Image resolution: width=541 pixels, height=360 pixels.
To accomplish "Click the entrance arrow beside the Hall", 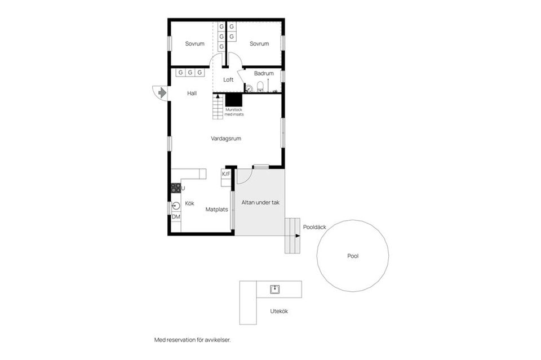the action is (162, 93).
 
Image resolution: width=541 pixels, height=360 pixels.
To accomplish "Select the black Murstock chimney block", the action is (234, 100).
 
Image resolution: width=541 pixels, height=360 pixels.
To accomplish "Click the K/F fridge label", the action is (226, 174).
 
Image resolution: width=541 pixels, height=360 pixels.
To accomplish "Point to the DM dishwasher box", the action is (176, 217).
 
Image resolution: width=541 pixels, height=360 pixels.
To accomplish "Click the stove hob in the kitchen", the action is (176, 188).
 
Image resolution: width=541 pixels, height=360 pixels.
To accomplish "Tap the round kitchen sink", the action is (176, 206).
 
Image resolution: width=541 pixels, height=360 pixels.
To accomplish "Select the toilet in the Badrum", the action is (260, 87).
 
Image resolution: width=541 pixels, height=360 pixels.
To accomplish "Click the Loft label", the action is (228, 79).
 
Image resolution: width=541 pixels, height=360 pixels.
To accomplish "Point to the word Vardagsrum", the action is (226, 139).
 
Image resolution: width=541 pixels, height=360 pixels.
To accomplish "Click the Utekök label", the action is (279, 311).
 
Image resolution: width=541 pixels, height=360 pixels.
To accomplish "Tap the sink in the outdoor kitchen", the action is (274, 290).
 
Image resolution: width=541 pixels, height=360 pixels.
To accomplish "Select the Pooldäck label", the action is (314, 227).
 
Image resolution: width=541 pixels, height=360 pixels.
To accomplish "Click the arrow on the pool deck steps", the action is (298, 236).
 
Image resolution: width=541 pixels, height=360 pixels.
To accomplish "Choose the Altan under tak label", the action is (260, 202).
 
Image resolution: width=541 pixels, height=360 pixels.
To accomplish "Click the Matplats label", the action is (216, 210).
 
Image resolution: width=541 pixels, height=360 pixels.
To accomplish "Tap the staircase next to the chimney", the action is (218, 106).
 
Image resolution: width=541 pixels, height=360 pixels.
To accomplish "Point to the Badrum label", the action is (264, 73).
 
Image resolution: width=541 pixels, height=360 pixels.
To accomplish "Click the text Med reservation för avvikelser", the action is (193, 340).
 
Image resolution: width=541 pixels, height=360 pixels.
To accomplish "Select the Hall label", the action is (192, 93).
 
